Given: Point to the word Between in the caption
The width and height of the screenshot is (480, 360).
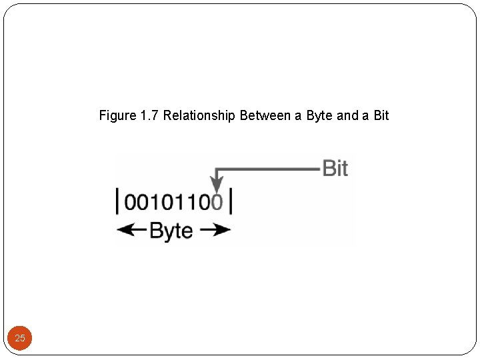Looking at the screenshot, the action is (x=265, y=116).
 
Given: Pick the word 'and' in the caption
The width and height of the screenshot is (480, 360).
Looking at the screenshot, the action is (x=347, y=116).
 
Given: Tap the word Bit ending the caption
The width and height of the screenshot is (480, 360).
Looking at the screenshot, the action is (x=381, y=116).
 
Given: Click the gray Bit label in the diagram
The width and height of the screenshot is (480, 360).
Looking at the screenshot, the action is (x=335, y=168).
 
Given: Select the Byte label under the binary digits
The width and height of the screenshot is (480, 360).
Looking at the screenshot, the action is (x=171, y=231).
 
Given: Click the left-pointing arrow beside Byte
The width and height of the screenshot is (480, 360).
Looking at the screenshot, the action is (x=131, y=231).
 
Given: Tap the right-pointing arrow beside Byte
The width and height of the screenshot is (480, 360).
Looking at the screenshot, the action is (x=215, y=231).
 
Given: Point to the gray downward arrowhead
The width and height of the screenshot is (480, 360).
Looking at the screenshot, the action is (x=216, y=183).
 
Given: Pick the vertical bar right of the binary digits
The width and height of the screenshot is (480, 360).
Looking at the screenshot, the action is (x=231, y=201).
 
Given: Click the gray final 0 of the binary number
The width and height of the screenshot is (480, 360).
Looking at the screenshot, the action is (x=217, y=202).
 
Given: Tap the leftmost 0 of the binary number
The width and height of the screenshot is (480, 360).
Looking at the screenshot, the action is (x=131, y=202).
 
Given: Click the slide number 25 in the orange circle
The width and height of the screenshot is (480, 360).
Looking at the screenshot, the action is (x=20, y=338).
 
